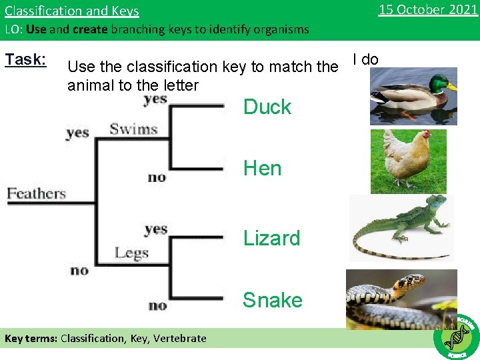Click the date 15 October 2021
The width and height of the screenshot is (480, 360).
tap(427, 10)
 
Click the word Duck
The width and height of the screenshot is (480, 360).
tap(267, 107)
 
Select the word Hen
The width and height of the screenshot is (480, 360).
tap(262, 169)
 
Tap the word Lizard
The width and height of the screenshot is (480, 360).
tap(271, 239)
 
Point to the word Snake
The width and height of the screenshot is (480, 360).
tap(272, 301)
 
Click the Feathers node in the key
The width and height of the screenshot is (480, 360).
tap(37, 194)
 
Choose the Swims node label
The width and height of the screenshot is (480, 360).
tap(133, 129)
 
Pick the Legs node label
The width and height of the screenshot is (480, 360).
tap(131, 253)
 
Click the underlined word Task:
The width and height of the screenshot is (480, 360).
tap(25, 60)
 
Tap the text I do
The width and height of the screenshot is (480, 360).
tap(365, 60)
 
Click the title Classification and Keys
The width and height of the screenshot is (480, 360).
tap(72, 11)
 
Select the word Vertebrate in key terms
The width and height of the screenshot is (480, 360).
tap(180, 339)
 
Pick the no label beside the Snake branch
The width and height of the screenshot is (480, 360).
tap(157, 306)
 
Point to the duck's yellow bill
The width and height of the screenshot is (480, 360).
tap(452, 87)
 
